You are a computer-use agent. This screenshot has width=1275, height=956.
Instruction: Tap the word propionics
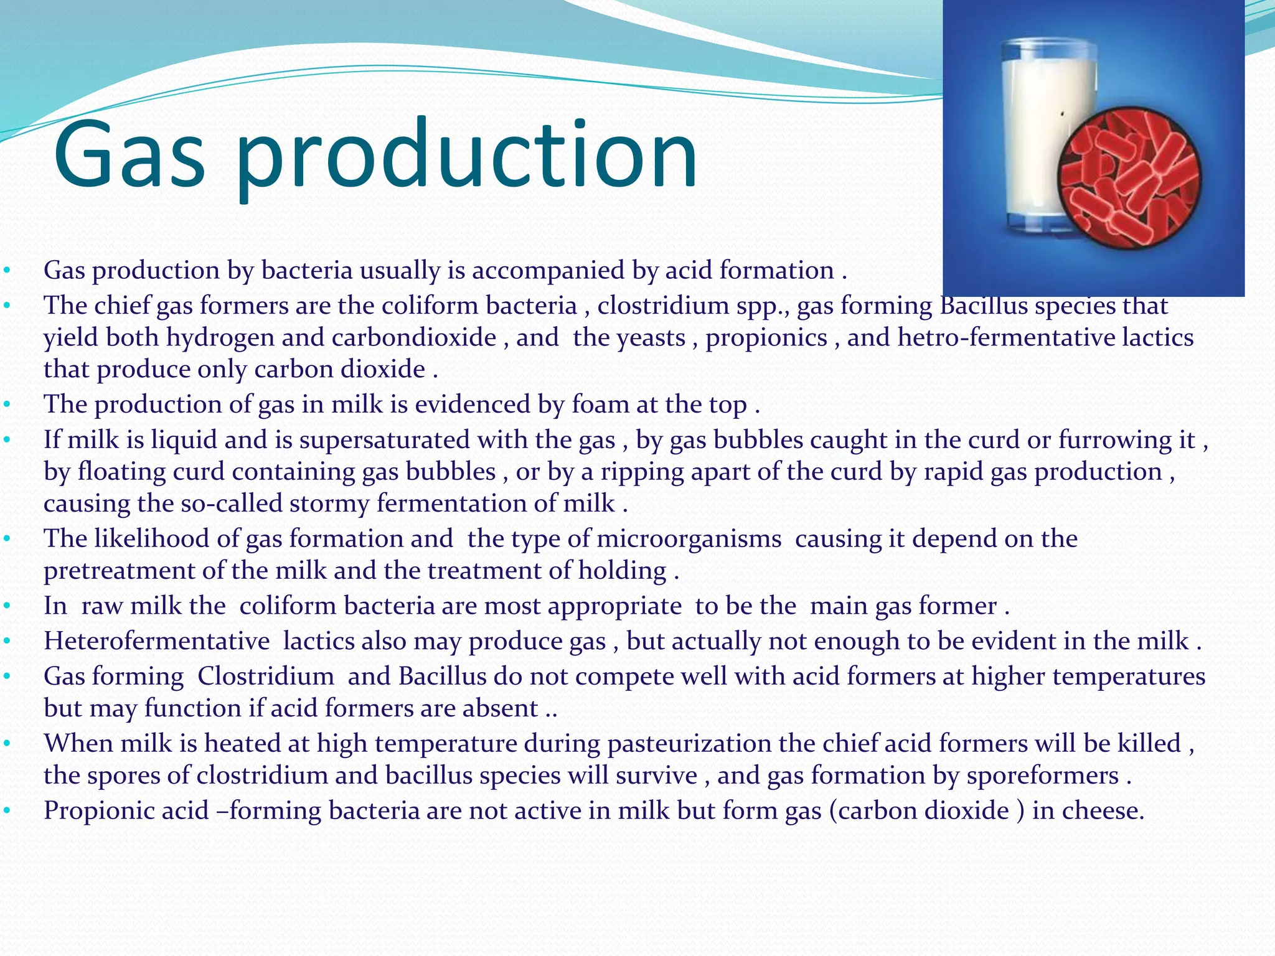click(x=766, y=338)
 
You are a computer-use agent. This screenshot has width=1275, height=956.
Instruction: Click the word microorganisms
click(x=689, y=539)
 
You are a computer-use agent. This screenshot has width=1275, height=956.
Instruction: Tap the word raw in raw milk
click(x=101, y=606)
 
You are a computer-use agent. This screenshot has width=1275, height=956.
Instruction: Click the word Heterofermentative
click(x=156, y=641)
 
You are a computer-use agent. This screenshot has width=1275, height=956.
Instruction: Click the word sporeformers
click(x=1042, y=776)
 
